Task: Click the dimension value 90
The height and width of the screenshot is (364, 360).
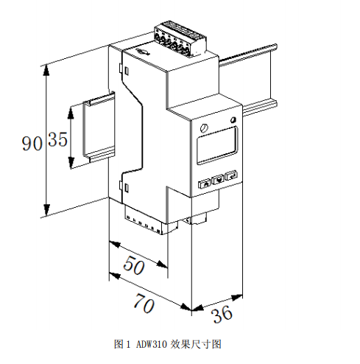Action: point(32,144)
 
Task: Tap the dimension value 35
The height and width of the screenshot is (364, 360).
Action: point(58,139)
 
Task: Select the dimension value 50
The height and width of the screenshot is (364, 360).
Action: point(134,265)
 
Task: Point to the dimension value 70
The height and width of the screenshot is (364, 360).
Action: point(144,304)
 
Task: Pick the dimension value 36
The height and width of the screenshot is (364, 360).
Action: point(222,314)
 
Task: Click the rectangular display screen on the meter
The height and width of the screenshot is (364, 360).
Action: point(217,145)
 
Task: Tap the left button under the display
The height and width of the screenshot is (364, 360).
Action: point(205,183)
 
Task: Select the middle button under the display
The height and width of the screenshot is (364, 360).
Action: point(218,180)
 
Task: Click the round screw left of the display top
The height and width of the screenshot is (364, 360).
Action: point(204,128)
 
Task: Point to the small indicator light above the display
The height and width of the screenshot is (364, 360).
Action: point(233,120)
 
